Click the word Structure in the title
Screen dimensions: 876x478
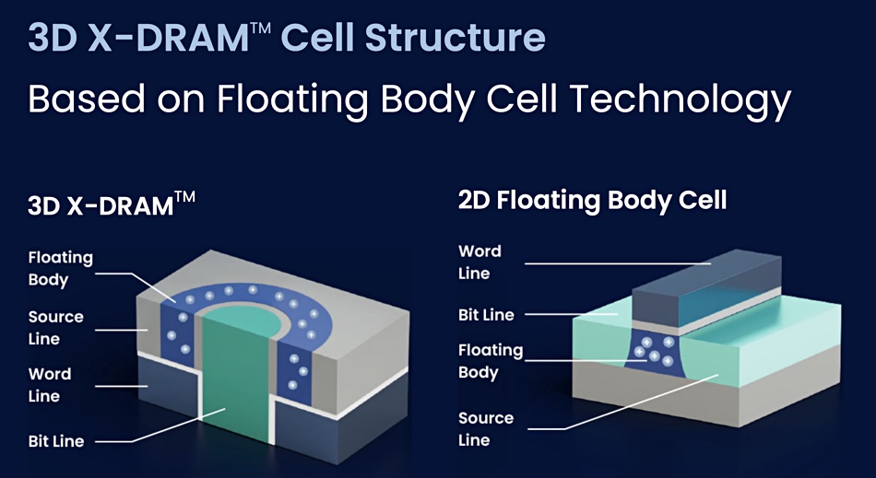point(455,37)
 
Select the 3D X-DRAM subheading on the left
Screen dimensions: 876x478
point(112,204)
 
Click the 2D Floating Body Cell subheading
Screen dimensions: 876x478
point(592,200)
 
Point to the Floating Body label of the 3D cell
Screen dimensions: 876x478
point(60,268)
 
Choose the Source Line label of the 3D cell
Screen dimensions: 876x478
point(56,327)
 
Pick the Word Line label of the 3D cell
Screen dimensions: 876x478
point(50,385)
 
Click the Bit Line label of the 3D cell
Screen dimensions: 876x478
point(56,441)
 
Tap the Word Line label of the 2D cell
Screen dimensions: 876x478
point(479,262)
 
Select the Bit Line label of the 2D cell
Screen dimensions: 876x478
point(486,315)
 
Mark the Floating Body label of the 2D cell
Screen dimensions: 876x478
point(491,361)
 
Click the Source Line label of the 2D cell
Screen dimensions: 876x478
point(486,428)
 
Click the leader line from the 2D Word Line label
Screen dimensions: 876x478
point(618,263)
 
